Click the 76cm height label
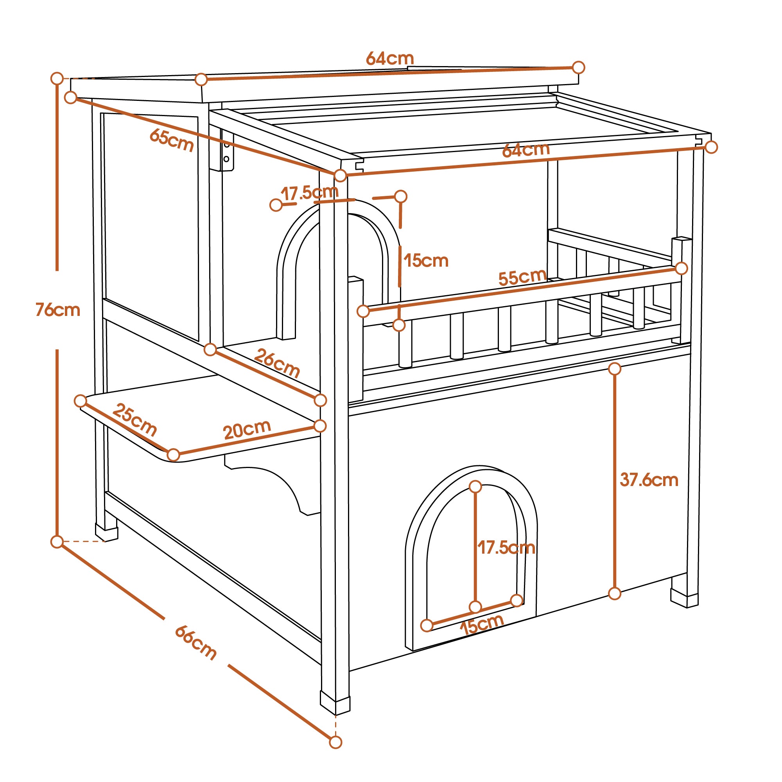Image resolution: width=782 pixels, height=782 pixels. pyautogui.click(x=58, y=310)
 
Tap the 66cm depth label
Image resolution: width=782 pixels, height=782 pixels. pyautogui.click(x=196, y=643)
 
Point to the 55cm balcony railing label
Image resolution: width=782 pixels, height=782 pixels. pyautogui.click(x=522, y=277)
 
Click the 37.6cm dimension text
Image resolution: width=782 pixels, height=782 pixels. pyautogui.click(x=649, y=480)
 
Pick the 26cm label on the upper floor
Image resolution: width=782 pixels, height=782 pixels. pyautogui.click(x=277, y=363)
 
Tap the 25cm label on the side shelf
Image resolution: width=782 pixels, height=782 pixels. pyautogui.click(x=135, y=419)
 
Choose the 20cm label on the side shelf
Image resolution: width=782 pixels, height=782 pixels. pyautogui.click(x=247, y=429)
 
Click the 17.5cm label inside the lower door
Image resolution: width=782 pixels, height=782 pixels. pyautogui.click(x=506, y=548)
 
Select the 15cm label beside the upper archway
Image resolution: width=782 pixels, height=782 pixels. pyautogui.click(x=426, y=261)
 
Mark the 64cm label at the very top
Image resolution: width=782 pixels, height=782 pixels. pyautogui.click(x=390, y=59)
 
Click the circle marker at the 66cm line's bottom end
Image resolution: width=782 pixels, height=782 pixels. pyautogui.click(x=335, y=743)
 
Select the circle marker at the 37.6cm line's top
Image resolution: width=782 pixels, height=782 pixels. pyautogui.click(x=614, y=369)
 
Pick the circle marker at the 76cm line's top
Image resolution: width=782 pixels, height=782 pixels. pyautogui.click(x=57, y=79)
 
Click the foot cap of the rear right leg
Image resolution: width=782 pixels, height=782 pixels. pyautogui.click(x=684, y=598)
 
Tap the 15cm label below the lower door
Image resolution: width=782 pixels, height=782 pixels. pyautogui.click(x=482, y=624)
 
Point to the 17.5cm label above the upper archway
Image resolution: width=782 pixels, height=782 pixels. pyautogui.click(x=310, y=193)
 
